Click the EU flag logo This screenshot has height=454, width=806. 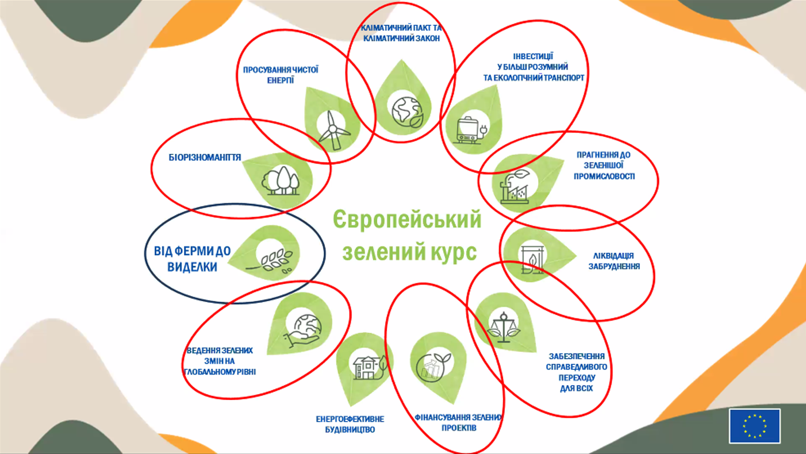pos(754,426)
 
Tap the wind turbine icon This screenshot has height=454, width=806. pos(333,130)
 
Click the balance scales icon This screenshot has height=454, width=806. pos(504,328)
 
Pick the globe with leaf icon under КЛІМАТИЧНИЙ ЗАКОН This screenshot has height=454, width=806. pos(407,112)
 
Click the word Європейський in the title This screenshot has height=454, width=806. pos(407,220)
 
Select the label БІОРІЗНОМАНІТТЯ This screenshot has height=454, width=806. pos(205,157)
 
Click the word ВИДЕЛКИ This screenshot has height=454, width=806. pos(193,267)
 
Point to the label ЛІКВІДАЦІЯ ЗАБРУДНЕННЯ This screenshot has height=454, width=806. pos(614,261)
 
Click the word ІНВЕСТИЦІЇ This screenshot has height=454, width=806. pos(533,56)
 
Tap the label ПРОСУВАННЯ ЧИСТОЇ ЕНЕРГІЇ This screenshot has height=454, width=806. pos(281,75)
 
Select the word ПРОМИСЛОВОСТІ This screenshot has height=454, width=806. pos(604,176)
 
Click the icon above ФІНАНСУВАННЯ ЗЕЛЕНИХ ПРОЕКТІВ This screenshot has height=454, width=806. pos(434,368)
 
